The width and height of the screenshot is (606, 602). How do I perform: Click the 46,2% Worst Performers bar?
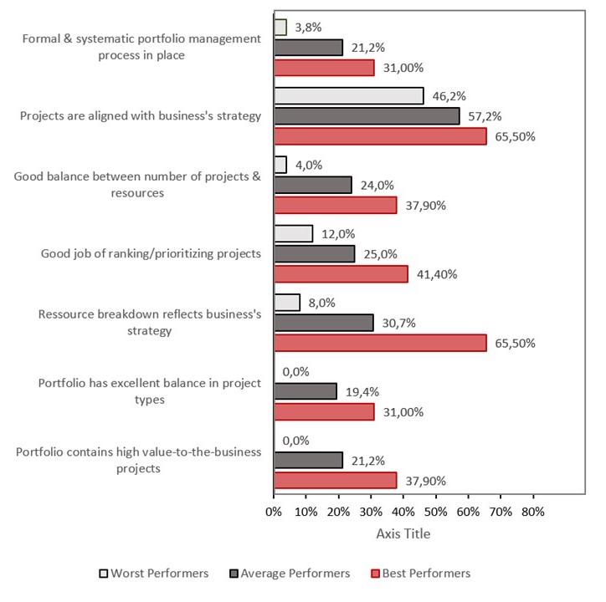click(x=348, y=96)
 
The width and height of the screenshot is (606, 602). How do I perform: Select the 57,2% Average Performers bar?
click(x=367, y=116)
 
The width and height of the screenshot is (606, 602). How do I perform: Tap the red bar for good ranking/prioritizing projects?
click(x=341, y=273)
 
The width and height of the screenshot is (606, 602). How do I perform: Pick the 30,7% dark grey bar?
click(x=324, y=322)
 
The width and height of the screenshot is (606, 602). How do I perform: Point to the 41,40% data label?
click(x=436, y=274)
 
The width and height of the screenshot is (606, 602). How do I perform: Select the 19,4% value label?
click(x=362, y=391)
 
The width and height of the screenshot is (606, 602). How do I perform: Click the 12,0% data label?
click(x=336, y=234)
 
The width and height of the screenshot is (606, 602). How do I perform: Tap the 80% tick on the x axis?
click(x=532, y=510)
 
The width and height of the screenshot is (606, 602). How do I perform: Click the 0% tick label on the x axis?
click(x=274, y=510)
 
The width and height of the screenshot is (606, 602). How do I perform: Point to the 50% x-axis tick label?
click(x=435, y=510)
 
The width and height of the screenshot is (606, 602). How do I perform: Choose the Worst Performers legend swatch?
click(x=104, y=574)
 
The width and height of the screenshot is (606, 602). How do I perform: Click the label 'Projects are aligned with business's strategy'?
click(x=141, y=115)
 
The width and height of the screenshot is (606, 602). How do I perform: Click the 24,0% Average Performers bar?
click(x=313, y=185)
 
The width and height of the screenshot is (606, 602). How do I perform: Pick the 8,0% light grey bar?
click(x=287, y=302)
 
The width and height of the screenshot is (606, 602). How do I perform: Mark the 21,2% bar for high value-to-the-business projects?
click(x=308, y=460)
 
